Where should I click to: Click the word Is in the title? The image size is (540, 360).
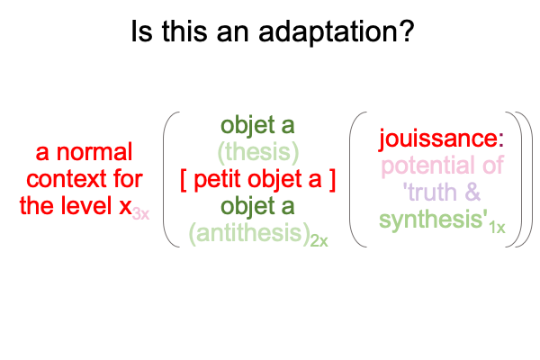[141, 31]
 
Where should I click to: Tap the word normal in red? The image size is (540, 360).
[94, 152]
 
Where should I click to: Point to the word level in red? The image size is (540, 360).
[90, 206]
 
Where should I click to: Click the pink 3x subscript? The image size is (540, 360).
[141, 214]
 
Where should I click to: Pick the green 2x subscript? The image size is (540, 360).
[319, 241]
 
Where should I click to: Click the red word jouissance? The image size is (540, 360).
[438, 139]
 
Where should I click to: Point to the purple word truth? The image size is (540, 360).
[433, 193]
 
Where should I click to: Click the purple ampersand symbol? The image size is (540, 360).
[472, 193]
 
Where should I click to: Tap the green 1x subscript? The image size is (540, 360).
[498, 228]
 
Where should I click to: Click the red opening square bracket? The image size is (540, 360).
[184, 180]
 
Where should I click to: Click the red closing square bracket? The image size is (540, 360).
[332, 180]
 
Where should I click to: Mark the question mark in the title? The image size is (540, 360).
[406, 31]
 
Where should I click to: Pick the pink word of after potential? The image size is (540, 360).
[493, 165]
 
